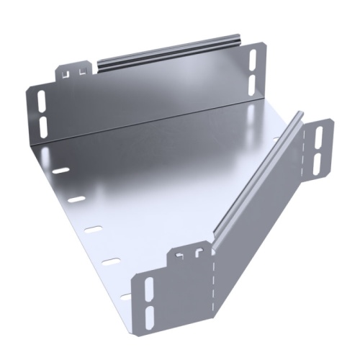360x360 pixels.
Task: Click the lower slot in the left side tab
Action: pyautogui.click(x=42, y=125)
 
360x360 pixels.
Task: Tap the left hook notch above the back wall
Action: pyautogui.click(x=66, y=73)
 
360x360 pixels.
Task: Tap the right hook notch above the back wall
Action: pyautogui.click(x=80, y=70)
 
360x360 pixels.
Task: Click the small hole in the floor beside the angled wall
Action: pyautogui.click(x=277, y=137)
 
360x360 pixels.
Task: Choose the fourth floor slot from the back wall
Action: pyautogui.click(x=109, y=260)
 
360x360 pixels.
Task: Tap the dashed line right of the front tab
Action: pyautogui.click(x=214, y=288)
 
